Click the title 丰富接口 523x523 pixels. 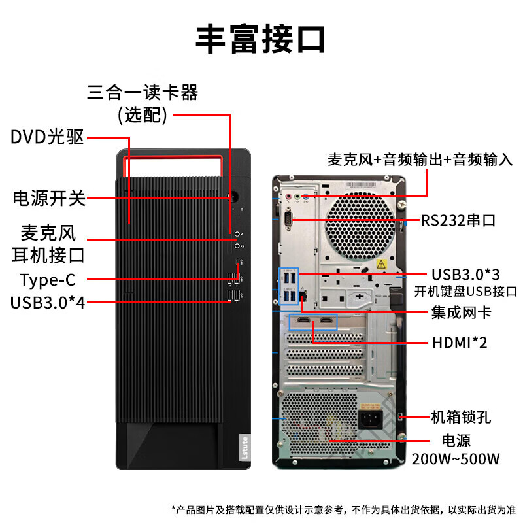260,39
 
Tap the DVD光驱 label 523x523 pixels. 47,137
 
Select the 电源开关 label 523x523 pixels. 49,198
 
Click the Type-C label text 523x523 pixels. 48,280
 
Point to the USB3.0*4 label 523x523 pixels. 48,303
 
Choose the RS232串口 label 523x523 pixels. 458,220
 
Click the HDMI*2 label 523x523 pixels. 460,343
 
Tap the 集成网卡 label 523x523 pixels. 462,312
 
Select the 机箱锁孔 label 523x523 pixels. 461,417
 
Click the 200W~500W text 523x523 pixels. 456,459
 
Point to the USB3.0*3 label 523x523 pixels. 465,275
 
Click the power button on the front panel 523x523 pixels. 233,196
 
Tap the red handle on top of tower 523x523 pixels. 173,165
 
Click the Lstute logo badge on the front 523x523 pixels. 245,448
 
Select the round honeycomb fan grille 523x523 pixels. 360,226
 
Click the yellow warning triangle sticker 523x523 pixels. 381,264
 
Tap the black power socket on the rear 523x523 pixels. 370,419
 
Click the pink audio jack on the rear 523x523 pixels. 288,197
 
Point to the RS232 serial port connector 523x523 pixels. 288,220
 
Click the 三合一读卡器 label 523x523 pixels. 143,92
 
